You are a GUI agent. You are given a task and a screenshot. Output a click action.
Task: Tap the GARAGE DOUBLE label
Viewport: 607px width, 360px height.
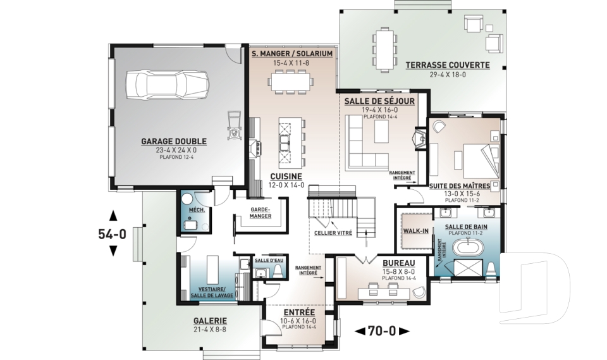click(174, 142)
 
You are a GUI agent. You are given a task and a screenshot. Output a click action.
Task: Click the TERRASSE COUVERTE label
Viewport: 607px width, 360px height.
click(448, 65)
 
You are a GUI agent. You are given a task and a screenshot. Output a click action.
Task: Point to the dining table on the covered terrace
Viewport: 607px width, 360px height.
click(384, 49)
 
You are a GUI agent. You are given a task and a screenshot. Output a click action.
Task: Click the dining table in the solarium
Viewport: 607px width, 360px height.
click(291, 82)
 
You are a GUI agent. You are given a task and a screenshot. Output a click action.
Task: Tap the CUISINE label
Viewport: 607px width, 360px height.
click(286, 177)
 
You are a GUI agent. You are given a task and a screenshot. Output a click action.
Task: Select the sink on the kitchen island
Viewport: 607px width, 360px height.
click(286, 143)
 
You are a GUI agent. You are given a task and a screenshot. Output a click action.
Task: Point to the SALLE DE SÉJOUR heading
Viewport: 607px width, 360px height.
click(379, 101)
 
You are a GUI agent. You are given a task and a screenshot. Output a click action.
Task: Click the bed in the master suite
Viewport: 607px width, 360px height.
click(477, 161)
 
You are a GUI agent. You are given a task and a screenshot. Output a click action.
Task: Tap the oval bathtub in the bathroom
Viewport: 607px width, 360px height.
click(468, 248)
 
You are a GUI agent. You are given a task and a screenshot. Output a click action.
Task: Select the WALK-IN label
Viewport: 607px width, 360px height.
click(416, 231)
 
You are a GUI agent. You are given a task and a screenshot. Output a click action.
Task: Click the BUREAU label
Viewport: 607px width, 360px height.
click(399, 263)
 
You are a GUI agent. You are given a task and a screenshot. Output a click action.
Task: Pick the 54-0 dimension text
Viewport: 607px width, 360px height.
click(113, 234)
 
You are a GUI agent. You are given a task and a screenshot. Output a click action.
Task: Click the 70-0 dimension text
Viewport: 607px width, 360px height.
click(382, 332)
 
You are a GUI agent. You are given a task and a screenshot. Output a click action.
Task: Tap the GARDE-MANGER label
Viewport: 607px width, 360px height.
click(260, 213)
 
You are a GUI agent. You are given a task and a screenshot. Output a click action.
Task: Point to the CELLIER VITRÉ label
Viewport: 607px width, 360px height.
click(333, 233)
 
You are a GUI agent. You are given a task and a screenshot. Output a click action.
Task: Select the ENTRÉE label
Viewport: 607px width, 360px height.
click(299, 313)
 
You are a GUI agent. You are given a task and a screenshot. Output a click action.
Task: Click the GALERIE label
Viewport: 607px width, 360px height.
click(210, 321)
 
